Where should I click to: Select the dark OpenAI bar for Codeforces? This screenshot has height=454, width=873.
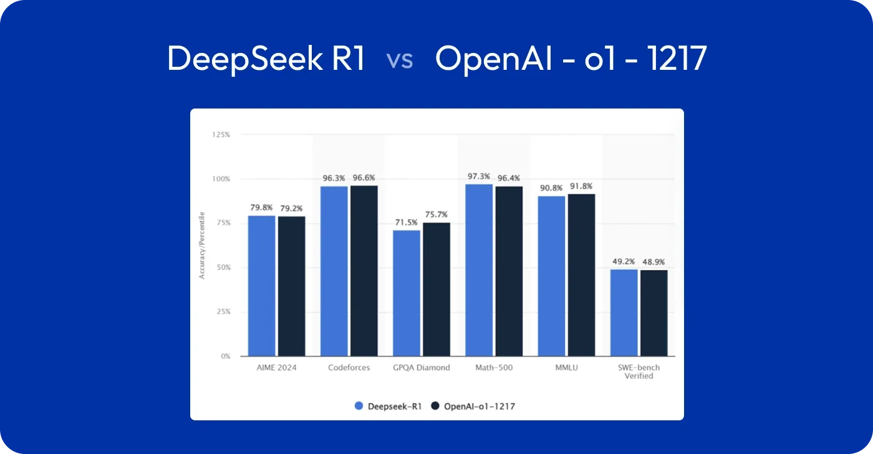pyautogui.click(x=364, y=271)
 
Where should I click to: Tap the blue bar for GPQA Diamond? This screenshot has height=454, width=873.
pyautogui.click(x=406, y=293)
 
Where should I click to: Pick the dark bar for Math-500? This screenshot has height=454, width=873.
pyautogui.click(x=509, y=271)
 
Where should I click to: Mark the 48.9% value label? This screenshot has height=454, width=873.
pyautogui.click(x=654, y=262)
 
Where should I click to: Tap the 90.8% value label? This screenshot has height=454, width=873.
pyautogui.click(x=551, y=188)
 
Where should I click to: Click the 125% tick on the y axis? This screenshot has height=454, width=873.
pyautogui.click(x=221, y=134)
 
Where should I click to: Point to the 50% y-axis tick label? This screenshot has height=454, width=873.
pyautogui.click(x=223, y=268)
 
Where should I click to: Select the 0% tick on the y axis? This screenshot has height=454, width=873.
pyautogui.click(x=225, y=356)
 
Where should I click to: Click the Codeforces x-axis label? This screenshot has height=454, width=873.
pyautogui.click(x=349, y=368)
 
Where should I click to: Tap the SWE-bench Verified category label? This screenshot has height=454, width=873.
pyautogui.click(x=639, y=372)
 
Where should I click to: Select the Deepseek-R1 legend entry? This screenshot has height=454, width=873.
pyautogui.click(x=388, y=406)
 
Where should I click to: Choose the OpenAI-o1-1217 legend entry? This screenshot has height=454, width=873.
pyautogui.click(x=473, y=406)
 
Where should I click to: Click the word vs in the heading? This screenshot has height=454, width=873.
pyautogui.click(x=400, y=60)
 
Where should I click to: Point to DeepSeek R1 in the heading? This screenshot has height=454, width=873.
pyautogui.click(x=266, y=60)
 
